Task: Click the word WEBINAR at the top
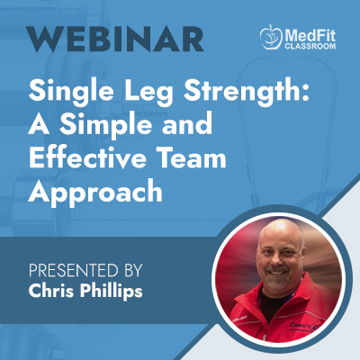click(x=114, y=39)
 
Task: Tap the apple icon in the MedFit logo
click(x=271, y=37)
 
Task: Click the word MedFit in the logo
click(x=310, y=36)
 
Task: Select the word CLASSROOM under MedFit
click(x=310, y=47)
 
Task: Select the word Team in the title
click(x=191, y=157)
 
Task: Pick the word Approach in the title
click(x=95, y=193)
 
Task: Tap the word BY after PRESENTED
click(x=132, y=270)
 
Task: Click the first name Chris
click(x=52, y=290)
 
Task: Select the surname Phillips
click(x=111, y=291)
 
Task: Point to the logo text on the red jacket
click(x=303, y=326)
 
